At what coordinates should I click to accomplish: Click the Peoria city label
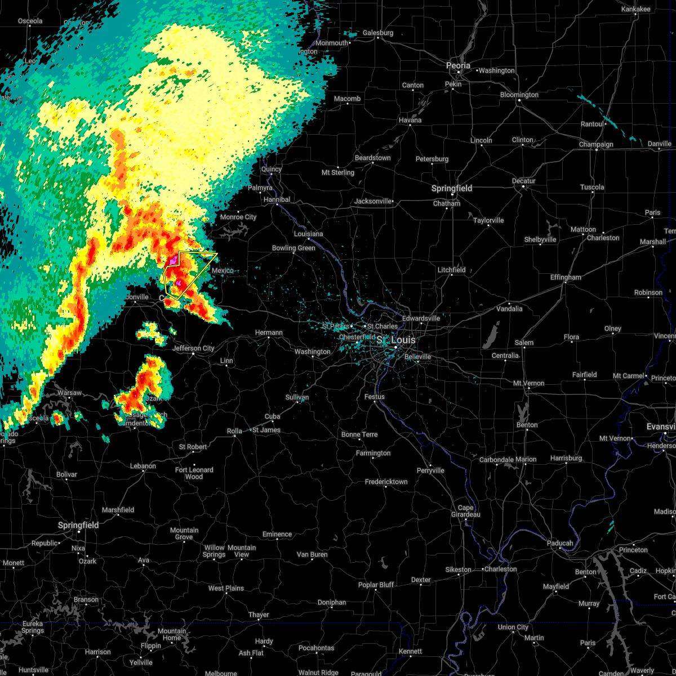point(458,66)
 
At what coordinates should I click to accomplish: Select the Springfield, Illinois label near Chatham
point(452,188)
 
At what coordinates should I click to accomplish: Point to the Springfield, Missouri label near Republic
point(78,525)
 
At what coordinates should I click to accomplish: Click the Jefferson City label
point(193,348)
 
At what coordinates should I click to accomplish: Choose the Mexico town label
point(223,271)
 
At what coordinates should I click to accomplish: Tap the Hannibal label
point(277,199)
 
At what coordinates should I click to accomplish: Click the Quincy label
point(271,170)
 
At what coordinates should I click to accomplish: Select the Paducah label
point(560,543)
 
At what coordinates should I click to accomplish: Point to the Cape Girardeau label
point(465,511)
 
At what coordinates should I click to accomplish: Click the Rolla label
point(234,431)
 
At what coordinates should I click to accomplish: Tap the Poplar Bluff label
point(376,585)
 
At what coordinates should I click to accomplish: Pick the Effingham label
point(565,277)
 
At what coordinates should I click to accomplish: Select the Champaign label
point(596,145)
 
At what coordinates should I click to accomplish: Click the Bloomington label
point(519,95)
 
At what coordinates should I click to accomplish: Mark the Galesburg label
point(377,33)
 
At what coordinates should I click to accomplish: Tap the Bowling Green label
point(293,248)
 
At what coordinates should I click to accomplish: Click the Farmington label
point(373,453)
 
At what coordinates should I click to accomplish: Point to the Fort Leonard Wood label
point(194,473)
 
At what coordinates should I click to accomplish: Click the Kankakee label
point(635,10)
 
